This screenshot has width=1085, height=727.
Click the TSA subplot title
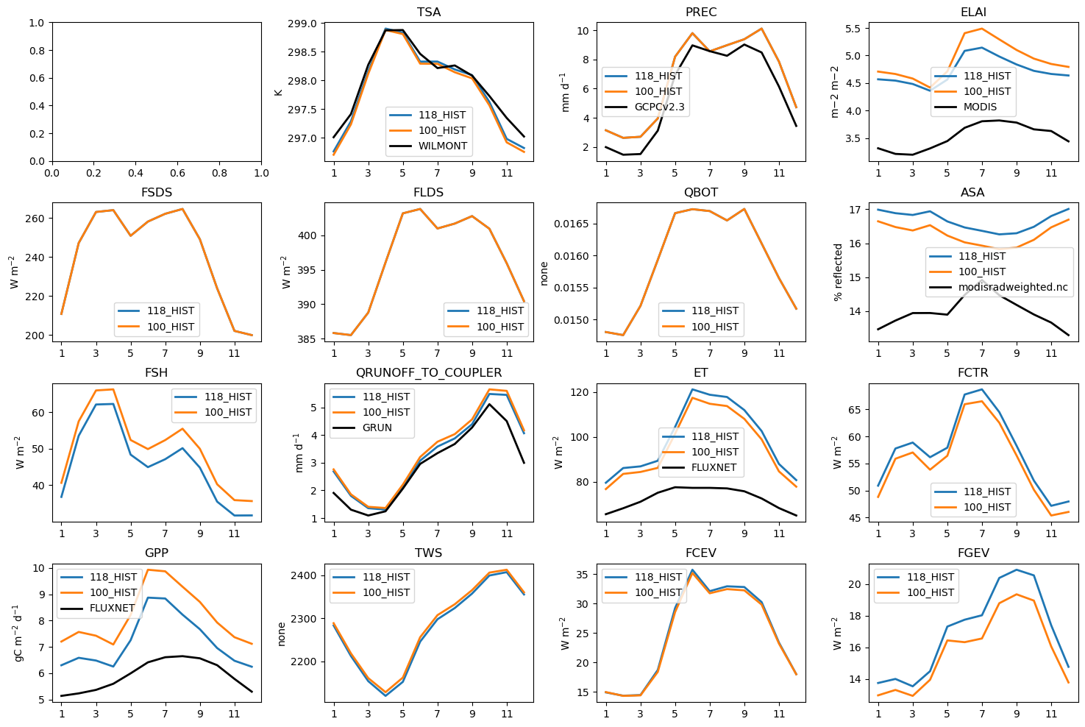(x=429, y=13)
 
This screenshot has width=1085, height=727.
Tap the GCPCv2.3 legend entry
(x=660, y=107)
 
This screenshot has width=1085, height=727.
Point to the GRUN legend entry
(x=377, y=428)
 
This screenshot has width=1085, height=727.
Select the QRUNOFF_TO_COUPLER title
(x=429, y=373)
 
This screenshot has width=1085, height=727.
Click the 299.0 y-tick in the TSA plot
(x=302, y=24)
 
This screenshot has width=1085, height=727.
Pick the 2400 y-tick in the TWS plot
(x=304, y=575)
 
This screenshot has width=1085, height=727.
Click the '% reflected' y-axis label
(x=838, y=272)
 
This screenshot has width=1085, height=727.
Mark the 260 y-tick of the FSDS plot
(x=35, y=219)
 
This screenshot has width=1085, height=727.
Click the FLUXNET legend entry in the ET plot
(x=714, y=467)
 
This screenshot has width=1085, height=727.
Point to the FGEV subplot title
(x=973, y=553)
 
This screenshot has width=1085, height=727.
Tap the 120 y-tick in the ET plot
(x=579, y=392)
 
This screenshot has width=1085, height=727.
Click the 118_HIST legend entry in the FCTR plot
(x=985, y=492)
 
